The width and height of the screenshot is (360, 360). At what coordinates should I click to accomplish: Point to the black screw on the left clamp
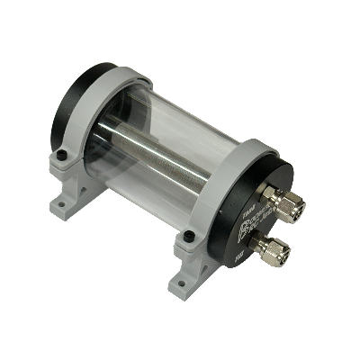pos(61,157)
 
